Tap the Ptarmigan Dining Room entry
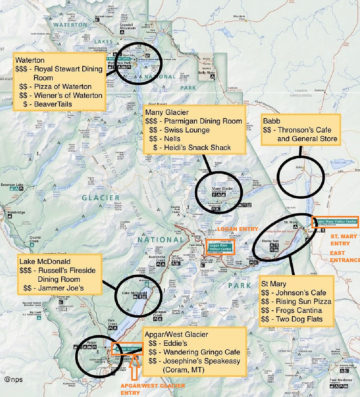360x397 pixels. (199, 121)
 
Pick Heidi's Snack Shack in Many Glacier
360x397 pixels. (197, 147)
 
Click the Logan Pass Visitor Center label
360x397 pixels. (220, 247)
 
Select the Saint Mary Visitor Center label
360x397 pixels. (335, 222)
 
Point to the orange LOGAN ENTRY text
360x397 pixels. (238, 229)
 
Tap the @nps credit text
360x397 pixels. (14, 379)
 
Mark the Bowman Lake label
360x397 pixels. (14, 185)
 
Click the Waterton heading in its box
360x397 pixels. (29, 60)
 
